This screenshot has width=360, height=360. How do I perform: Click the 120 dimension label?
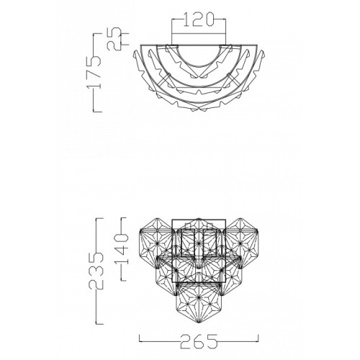[x=198, y=19]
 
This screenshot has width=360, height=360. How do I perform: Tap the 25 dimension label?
[x=114, y=39]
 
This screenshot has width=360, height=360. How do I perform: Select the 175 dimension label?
[x=94, y=72]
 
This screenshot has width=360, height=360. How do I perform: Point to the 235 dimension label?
[x=96, y=271]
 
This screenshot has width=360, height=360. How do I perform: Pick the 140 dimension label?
[x=122, y=249]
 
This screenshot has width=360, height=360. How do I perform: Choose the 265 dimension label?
[x=199, y=341]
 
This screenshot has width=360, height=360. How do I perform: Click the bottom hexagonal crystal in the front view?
[x=199, y=302]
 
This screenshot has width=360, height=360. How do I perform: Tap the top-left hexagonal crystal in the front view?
[x=157, y=243]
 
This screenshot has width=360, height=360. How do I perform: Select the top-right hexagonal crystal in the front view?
[x=240, y=243]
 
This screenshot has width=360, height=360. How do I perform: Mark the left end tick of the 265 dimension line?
[x=140, y=338]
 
